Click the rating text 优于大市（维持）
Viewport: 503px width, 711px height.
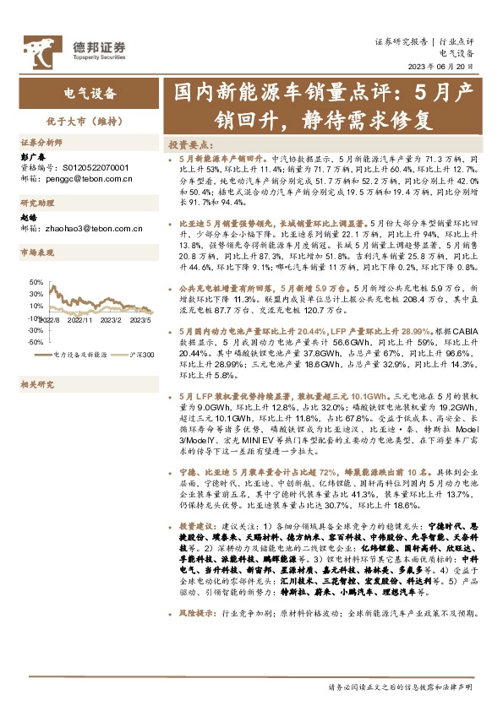coord(90,121)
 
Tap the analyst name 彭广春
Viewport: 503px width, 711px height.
coord(31,156)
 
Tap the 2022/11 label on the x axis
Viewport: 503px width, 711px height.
coord(79,320)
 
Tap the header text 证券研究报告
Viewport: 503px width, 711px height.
coord(402,41)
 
